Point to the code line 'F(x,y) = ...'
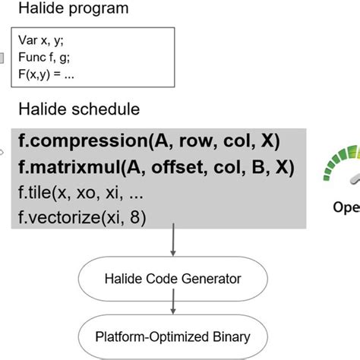click(55, 75)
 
